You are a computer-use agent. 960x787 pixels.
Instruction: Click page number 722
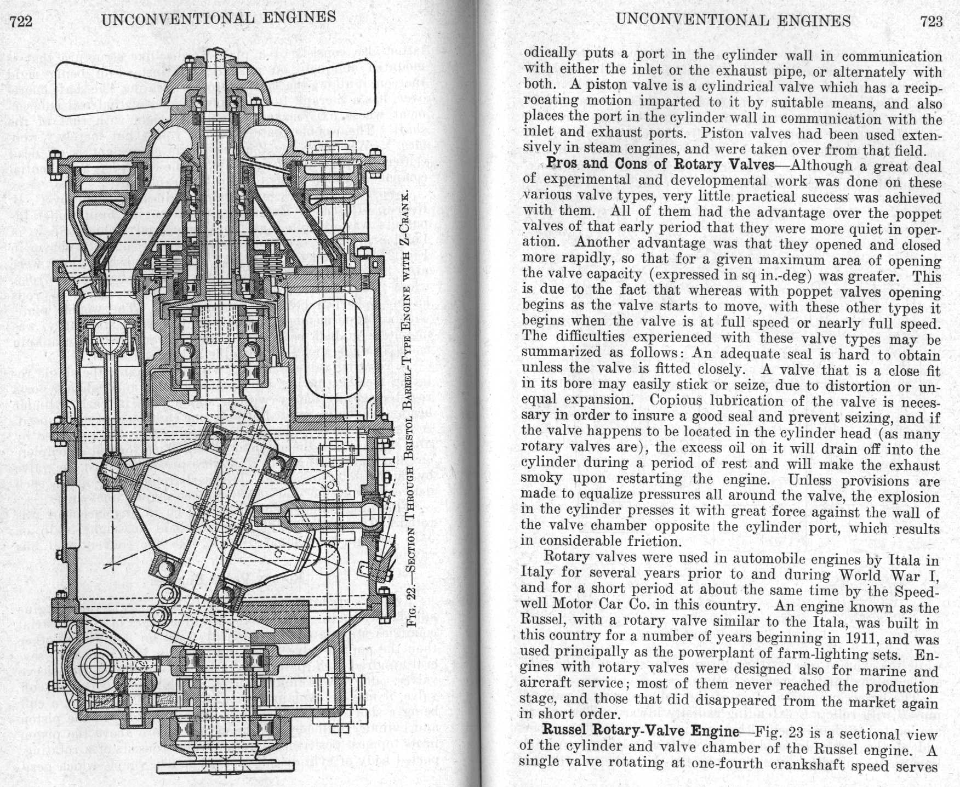[x=21, y=21]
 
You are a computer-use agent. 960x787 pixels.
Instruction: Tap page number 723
[x=931, y=22]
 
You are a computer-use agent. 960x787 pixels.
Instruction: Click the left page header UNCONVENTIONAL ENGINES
[x=219, y=18]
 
